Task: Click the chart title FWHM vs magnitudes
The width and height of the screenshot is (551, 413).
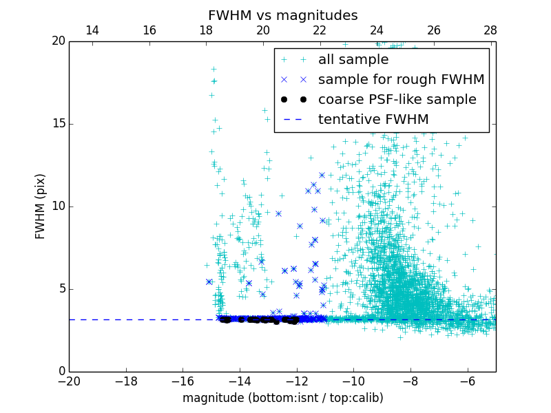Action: pos(282,15)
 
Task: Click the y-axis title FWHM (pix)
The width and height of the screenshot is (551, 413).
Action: pos(41,206)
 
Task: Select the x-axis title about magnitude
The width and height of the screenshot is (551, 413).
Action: pos(282,398)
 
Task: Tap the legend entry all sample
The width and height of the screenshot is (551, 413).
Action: pos(353,60)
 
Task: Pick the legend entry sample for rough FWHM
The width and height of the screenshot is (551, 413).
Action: pos(401,80)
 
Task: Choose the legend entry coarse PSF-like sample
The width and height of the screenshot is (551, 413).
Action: pos(397,100)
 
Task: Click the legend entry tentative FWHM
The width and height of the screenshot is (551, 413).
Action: pos(373,120)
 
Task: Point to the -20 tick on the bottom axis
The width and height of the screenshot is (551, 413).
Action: pos(69,381)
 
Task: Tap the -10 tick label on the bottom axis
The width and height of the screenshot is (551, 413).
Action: pos(353,381)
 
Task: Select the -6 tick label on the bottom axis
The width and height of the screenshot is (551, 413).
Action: pos(467,381)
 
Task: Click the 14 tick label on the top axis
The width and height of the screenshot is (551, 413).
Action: pos(92,31)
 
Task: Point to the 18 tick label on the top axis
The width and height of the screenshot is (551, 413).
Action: pos(206,31)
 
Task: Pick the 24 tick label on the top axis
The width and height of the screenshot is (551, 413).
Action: pos(377,31)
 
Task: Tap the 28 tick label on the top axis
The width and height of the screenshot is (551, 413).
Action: pos(490,31)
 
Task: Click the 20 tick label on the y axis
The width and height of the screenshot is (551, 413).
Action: pos(58,41)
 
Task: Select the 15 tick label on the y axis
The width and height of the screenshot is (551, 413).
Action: pos(58,124)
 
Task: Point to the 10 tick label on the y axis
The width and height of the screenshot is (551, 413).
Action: pos(58,206)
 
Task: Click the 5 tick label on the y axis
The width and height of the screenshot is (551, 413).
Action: pos(61,289)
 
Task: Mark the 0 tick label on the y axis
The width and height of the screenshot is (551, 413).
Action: pos(61,372)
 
